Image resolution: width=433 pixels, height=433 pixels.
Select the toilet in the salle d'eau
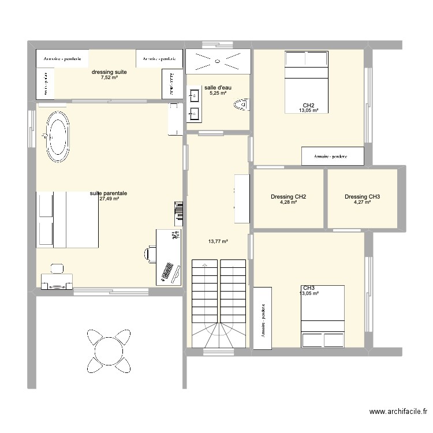click(241, 104)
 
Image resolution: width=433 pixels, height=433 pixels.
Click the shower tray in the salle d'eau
click(218, 59)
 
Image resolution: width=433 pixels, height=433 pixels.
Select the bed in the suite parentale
click(68, 219)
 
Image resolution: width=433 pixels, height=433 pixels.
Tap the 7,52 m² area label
click(109, 78)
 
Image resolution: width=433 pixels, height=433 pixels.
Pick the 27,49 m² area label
click(109, 199)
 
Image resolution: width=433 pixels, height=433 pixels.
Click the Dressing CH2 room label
click(288, 197)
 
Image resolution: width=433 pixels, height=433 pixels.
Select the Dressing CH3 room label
click(362, 197)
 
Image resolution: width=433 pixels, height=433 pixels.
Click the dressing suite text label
click(109, 72)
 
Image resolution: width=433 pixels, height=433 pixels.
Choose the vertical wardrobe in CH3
click(263, 318)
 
